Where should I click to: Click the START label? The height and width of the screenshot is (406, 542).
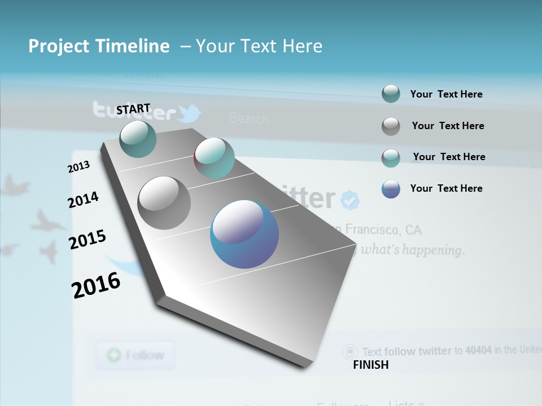[x=133, y=109]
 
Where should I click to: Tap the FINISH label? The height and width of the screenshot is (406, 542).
[x=370, y=365]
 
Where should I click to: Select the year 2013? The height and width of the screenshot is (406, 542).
[x=79, y=167]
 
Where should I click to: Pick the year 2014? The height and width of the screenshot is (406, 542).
[x=83, y=200]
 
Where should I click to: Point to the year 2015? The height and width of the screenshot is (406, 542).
[x=88, y=239]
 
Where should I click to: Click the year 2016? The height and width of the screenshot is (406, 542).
[x=96, y=285]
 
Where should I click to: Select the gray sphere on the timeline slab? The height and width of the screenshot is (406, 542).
[x=164, y=203]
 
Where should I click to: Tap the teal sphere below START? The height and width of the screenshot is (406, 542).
[x=138, y=139]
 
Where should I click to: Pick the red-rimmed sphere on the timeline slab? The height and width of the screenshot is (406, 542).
[x=215, y=158]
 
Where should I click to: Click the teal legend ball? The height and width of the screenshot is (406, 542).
[x=391, y=94]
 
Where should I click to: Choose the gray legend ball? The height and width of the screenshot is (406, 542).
[x=391, y=126]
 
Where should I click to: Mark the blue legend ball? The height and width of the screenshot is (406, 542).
[x=391, y=189]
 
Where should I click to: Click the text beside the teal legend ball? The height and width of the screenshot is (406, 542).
[x=446, y=94]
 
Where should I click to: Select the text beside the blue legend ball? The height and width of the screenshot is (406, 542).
[x=446, y=188]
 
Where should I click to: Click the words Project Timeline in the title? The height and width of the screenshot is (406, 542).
[x=99, y=46]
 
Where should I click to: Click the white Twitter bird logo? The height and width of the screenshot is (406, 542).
[x=190, y=113]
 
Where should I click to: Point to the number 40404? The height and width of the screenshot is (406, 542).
[x=478, y=350]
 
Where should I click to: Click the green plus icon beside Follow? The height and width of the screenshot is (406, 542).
[x=114, y=355]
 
